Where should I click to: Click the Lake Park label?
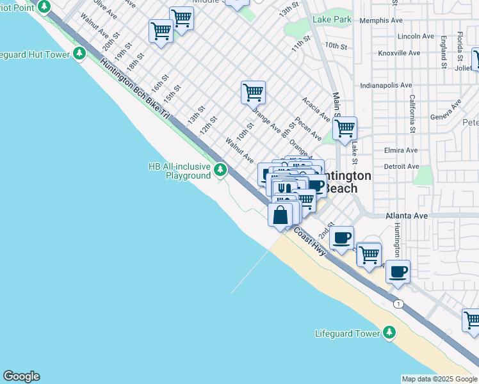tap(332, 20)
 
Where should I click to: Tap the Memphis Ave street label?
tap(383, 20)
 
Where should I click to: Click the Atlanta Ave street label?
tap(407, 216)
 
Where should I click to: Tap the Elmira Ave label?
tap(400, 151)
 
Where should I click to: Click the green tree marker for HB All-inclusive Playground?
tap(220, 170)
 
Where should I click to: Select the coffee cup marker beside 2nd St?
tap(342, 237)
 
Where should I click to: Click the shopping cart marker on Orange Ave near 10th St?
tap(253, 92)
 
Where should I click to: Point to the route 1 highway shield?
tap(398, 303)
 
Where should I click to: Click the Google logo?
tap(21, 376)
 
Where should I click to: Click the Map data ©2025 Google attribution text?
tap(439, 379)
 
